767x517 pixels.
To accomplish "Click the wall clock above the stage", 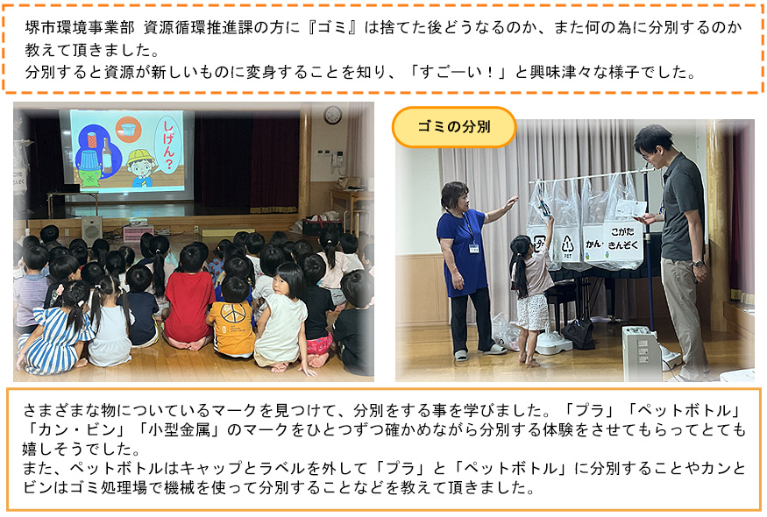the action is pos(332,115).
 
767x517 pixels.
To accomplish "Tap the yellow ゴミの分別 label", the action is pos(454,127).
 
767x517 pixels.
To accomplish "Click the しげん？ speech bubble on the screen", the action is pos(167,145).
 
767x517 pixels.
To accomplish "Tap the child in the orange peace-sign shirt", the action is pos(232,317).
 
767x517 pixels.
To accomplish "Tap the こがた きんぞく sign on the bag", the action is pos(622,238).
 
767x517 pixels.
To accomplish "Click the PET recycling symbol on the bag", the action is pos(567,245).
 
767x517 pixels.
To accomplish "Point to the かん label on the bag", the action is pos(593,243).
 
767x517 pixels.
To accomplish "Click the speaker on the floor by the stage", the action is pos(91,229).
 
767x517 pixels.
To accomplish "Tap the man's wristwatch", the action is pos(698,264).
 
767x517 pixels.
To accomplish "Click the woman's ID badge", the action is pos(473,248).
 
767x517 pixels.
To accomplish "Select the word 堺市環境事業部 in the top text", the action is pos(80,28).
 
